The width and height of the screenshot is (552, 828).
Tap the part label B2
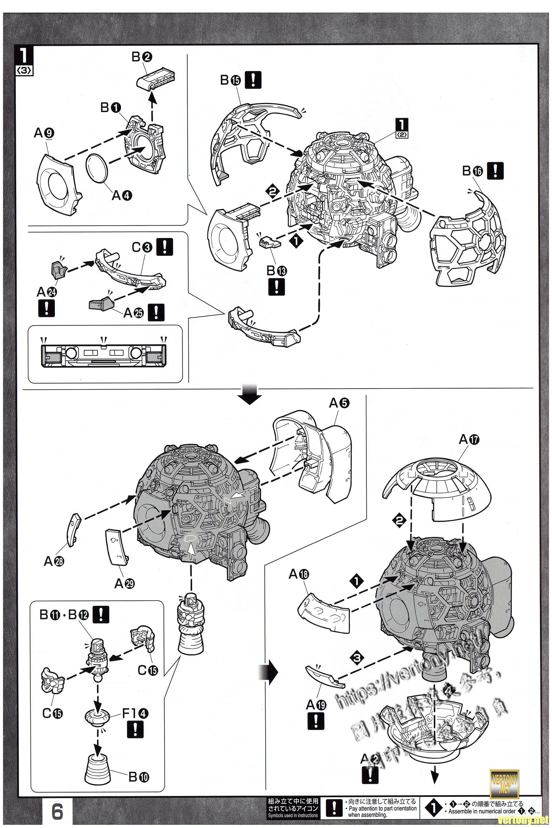142,57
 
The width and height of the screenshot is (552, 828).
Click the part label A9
44,133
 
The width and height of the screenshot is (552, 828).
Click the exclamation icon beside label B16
495,171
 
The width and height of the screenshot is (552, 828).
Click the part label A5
339,404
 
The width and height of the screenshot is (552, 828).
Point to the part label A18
298,575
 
